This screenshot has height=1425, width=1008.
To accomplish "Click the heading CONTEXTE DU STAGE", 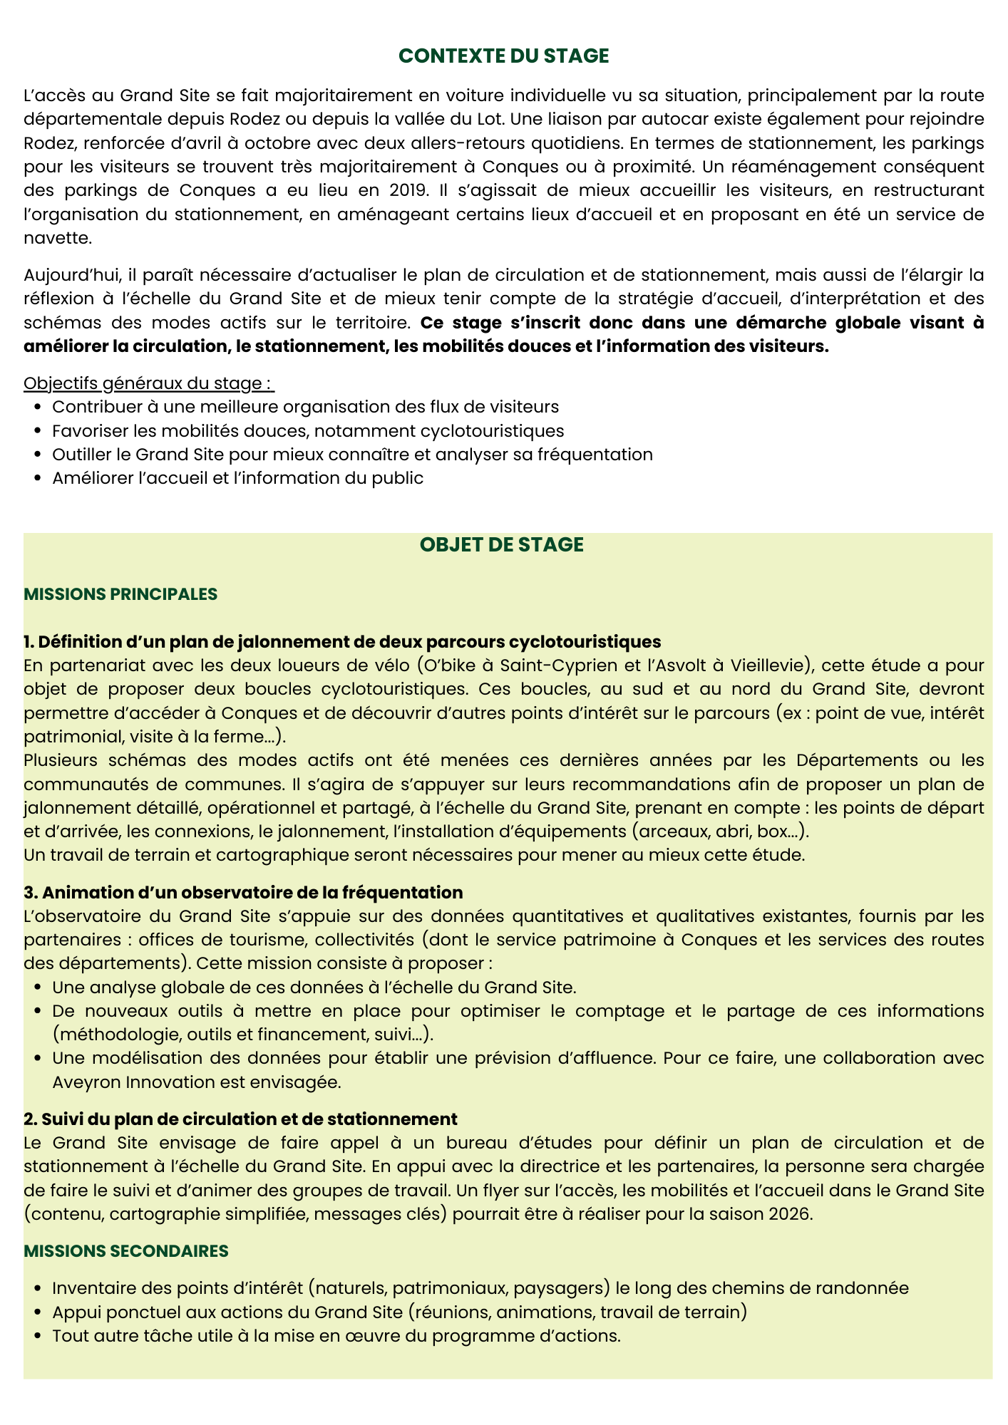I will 503,56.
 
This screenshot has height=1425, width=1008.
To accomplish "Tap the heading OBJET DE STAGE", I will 501,545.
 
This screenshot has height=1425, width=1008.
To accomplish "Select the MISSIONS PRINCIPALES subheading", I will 120,594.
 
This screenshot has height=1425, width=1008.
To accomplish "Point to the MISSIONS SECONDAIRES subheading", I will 126,1251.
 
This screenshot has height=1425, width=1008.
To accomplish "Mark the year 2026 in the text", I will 790,1214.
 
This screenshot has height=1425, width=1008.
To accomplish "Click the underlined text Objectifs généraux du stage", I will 148,383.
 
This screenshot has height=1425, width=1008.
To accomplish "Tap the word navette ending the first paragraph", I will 57,238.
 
